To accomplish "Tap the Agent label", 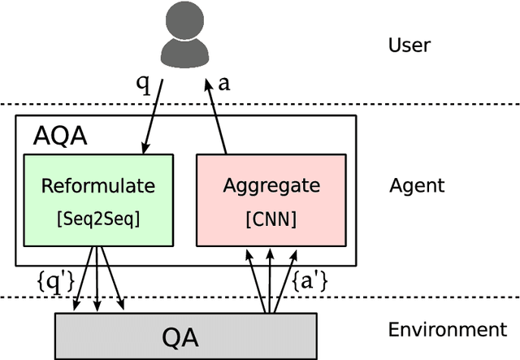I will point(417,185).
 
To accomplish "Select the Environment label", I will point(447,330).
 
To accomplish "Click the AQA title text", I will point(59,136).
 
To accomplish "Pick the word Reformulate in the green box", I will point(98,186).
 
